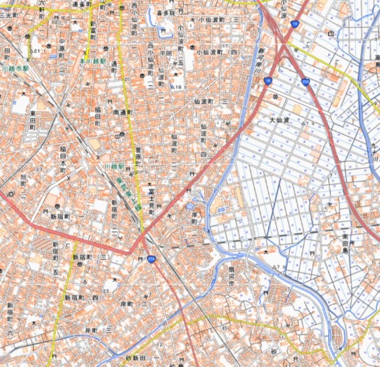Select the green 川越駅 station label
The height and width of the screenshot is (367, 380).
[x=114, y=167]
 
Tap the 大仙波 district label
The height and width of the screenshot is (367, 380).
[x=279, y=121]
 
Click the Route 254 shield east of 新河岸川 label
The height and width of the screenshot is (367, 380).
[x=305, y=83]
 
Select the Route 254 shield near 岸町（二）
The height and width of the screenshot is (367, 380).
[x=151, y=259]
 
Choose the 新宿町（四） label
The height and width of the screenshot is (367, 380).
[x=84, y=298]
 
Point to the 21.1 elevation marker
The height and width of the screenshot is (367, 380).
[x=35, y=51]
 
